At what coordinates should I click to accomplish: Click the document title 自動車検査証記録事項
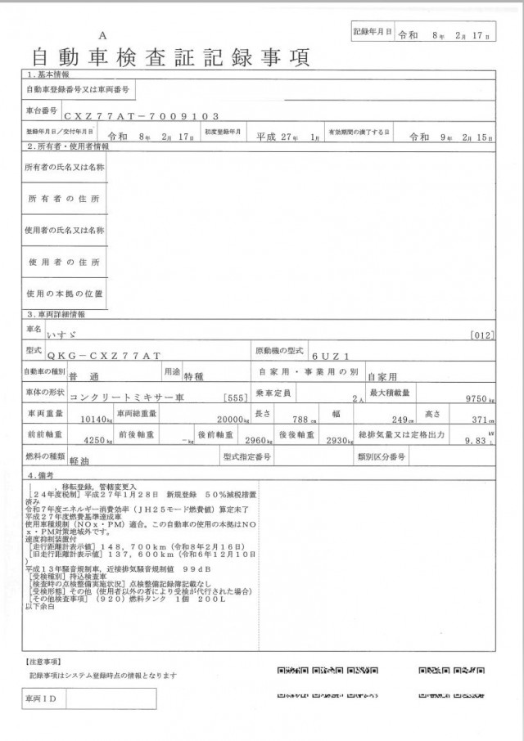[x=171, y=58]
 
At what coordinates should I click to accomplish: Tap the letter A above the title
[x=102, y=36]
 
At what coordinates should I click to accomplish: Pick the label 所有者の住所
[x=63, y=199]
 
